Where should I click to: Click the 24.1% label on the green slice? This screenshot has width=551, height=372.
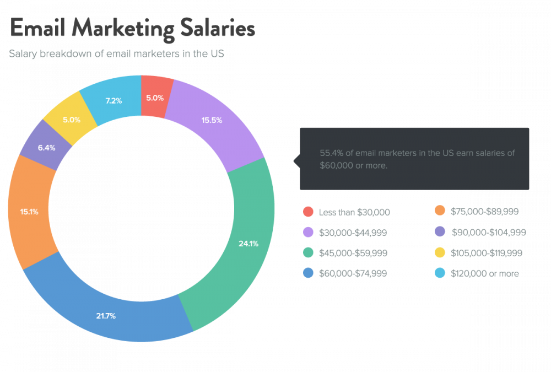248,243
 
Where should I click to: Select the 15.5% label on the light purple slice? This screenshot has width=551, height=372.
212,120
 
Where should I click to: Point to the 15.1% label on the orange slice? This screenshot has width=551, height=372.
29,211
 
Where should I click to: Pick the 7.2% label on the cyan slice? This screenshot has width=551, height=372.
113,101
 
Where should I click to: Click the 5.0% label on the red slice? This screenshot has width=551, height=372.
154,98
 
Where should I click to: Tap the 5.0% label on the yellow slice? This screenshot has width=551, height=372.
72,119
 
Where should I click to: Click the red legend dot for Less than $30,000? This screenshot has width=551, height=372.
309,212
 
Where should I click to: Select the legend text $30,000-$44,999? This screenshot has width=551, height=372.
353,233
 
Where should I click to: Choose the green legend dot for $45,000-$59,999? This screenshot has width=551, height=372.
309,253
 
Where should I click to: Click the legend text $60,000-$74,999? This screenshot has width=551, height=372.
353,273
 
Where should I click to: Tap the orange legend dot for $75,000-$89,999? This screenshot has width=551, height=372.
440,211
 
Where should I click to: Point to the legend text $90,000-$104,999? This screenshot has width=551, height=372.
488,233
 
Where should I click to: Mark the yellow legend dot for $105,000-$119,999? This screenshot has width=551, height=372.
440,253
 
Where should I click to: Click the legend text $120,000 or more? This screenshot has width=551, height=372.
484,273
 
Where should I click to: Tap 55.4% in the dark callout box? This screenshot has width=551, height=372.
332,153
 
